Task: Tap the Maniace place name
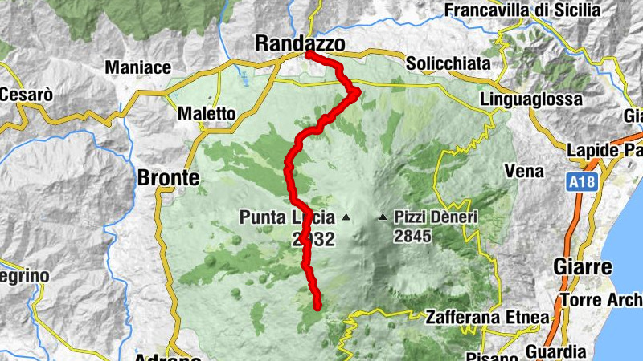point(138,67)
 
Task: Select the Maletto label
point(207,114)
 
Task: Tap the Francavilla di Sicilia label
point(522,10)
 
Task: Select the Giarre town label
point(583,266)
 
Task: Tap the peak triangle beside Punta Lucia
point(346,217)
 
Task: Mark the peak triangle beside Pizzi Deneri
point(383,217)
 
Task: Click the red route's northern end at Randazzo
point(309,55)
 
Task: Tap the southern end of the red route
point(317,306)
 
